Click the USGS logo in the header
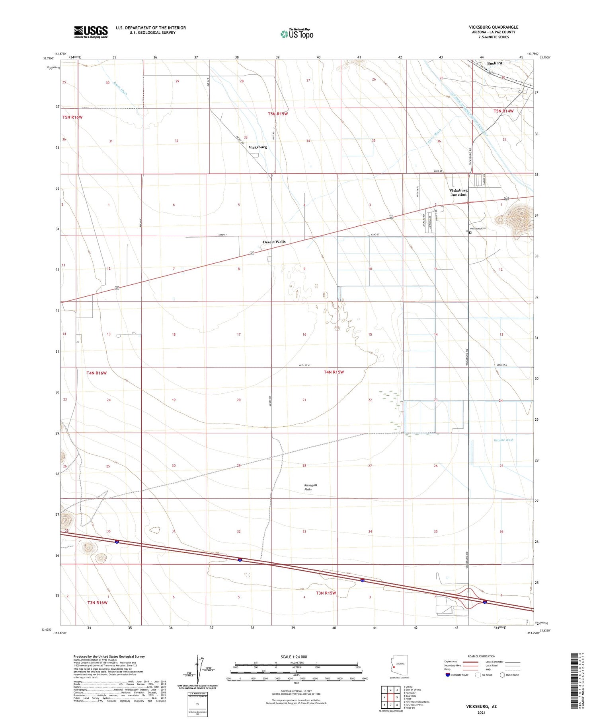91,32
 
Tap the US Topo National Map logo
297,34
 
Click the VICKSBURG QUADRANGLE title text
494,27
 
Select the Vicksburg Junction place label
458,192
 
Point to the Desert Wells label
274,242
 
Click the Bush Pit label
495,63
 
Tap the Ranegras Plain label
311,487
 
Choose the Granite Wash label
503,440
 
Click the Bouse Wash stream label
121,88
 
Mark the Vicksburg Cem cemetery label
478,229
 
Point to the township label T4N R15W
334,372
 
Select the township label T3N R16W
97,602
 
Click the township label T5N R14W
503,111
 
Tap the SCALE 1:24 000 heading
294,657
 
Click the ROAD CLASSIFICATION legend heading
482,656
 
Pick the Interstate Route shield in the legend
448,675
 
